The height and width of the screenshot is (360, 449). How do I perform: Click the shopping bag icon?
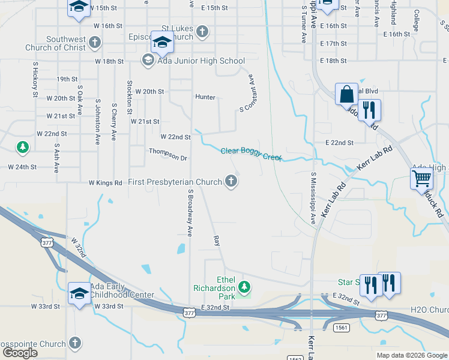point(346,95)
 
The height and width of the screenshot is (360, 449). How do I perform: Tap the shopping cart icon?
point(421,178)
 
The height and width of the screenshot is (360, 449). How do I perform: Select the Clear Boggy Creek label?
point(251,154)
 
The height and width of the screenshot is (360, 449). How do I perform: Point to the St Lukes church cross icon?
point(203,32)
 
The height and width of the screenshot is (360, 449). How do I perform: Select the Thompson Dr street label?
point(168,155)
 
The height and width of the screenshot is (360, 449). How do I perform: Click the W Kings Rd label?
point(105,182)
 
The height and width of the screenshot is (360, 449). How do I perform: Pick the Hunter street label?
point(205,97)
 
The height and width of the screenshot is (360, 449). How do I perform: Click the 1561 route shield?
point(341,328)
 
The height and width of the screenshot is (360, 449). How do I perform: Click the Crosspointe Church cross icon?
point(74,343)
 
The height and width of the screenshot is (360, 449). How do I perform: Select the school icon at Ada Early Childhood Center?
point(79,293)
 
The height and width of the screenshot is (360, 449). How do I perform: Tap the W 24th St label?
point(22,167)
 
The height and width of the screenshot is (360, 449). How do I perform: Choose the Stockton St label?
point(129,97)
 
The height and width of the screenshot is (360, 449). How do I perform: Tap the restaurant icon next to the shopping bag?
point(369,110)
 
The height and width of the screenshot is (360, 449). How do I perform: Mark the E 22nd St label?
point(340,143)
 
